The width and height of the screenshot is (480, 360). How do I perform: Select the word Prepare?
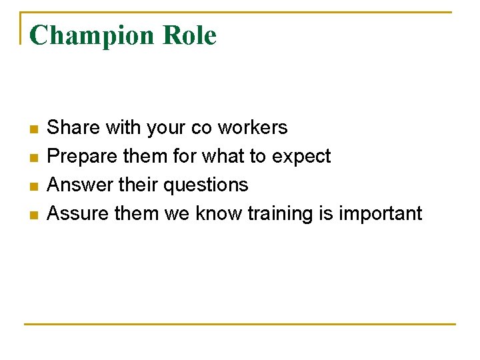(x=78, y=156)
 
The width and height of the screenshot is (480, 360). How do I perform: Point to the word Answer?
(x=75, y=185)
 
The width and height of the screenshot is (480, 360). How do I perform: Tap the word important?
(x=381, y=214)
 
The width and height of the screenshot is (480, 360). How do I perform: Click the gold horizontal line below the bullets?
(x=240, y=324)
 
